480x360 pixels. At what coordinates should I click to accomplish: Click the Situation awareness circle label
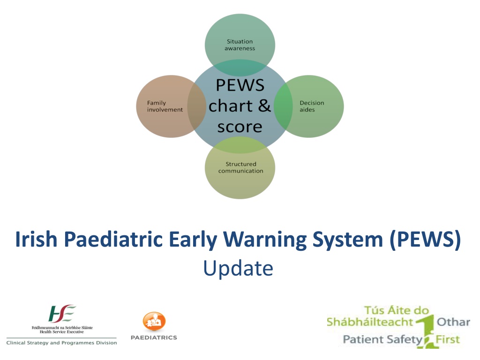point(240,45)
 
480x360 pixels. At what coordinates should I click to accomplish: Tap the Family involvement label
point(165,106)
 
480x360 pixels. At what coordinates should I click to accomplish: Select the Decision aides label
point(312,106)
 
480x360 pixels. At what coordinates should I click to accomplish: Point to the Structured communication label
point(240,167)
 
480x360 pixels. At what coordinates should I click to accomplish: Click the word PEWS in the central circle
point(240,85)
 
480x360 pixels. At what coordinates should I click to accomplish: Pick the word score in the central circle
point(240,127)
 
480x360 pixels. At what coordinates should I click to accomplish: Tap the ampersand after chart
point(264,105)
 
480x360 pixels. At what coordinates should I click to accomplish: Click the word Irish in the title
point(36,239)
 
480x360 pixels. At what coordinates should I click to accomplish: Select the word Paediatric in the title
point(113,239)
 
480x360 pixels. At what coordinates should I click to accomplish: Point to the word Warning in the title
point(265,240)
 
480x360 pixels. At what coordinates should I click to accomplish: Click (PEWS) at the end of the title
point(425,240)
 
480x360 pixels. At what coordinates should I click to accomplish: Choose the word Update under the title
point(238,269)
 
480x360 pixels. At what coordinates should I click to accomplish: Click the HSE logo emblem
point(62,314)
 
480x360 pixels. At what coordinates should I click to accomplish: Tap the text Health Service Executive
point(62,332)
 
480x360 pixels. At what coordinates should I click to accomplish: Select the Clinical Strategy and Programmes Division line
point(61,343)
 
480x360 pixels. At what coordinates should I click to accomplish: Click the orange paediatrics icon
point(154,322)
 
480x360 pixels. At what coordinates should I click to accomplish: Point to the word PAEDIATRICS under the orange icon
point(154,337)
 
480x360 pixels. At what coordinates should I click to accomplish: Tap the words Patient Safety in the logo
point(382,339)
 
